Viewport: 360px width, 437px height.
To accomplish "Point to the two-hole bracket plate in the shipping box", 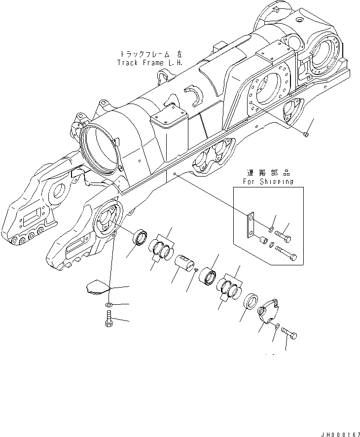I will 251,224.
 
